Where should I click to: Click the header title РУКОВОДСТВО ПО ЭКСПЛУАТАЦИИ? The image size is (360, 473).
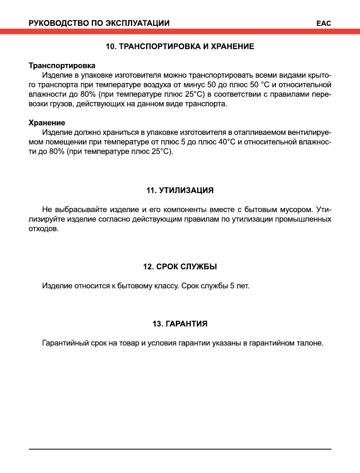pyautogui.click(x=99, y=23)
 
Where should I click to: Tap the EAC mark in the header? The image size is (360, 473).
pyautogui.click(x=323, y=23)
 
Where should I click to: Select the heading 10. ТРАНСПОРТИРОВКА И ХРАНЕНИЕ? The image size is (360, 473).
pyautogui.click(x=180, y=46)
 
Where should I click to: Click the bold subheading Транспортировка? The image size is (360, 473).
pyautogui.click(x=62, y=65)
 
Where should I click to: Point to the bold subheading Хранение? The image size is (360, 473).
pyautogui.click(x=47, y=123)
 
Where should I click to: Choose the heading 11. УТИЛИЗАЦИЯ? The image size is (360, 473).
pyautogui.click(x=180, y=191)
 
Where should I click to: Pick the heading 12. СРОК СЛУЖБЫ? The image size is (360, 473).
pyautogui.click(x=180, y=267)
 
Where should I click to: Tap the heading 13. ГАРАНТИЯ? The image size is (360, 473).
pyautogui.click(x=180, y=324)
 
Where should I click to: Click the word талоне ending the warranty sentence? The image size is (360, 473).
pyautogui.click(x=311, y=343)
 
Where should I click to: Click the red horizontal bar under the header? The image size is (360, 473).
pyautogui.click(x=180, y=31)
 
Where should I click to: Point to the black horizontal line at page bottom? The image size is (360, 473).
pyautogui.click(x=180, y=449)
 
